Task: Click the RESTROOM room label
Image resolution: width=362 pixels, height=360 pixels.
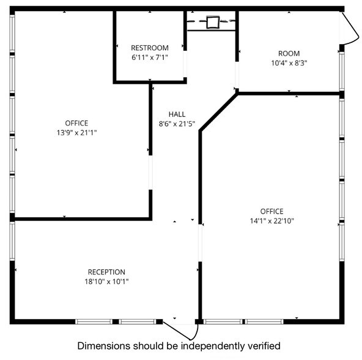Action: (x=150, y=48)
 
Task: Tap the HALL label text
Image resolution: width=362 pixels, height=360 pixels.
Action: (x=177, y=114)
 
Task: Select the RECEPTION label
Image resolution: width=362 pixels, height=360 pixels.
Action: (x=106, y=272)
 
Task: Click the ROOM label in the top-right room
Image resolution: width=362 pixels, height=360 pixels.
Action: (x=289, y=53)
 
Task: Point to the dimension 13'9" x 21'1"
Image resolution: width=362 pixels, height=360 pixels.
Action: (x=76, y=133)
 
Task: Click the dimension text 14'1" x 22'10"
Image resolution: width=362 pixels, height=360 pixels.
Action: (x=271, y=221)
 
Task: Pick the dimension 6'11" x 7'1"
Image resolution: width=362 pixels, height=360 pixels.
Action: (x=150, y=58)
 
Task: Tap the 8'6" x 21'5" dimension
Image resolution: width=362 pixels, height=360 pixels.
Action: (x=177, y=124)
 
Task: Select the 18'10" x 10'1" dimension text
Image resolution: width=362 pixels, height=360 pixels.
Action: (x=106, y=282)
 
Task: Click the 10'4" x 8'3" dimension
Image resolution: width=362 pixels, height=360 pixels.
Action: (x=289, y=63)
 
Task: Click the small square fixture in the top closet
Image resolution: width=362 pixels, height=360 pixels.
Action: (x=212, y=23)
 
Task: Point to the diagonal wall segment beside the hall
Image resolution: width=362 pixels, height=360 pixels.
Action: (x=218, y=111)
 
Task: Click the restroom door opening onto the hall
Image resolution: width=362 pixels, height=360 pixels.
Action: (x=185, y=64)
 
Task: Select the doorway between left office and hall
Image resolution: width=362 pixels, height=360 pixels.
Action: (x=150, y=173)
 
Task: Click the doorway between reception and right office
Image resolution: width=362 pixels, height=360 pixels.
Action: (x=200, y=243)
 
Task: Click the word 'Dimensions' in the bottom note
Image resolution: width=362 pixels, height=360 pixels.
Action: (x=104, y=346)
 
